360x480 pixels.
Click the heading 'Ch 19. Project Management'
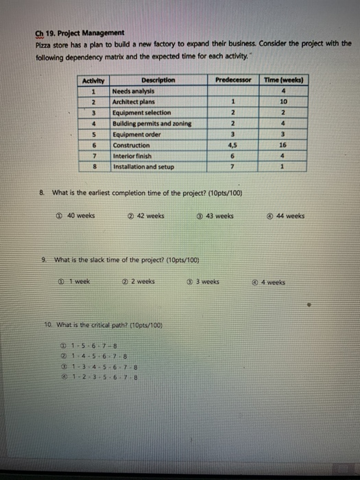(x=80, y=32)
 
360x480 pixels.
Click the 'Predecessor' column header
(x=234, y=80)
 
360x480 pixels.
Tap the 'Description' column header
(x=158, y=80)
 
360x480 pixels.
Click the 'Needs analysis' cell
(x=134, y=91)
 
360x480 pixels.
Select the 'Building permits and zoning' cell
(x=152, y=123)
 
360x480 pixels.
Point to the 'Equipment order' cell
(x=137, y=134)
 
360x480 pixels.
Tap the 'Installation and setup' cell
(x=143, y=167)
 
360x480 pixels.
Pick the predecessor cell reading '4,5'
(x=234, y=145)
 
